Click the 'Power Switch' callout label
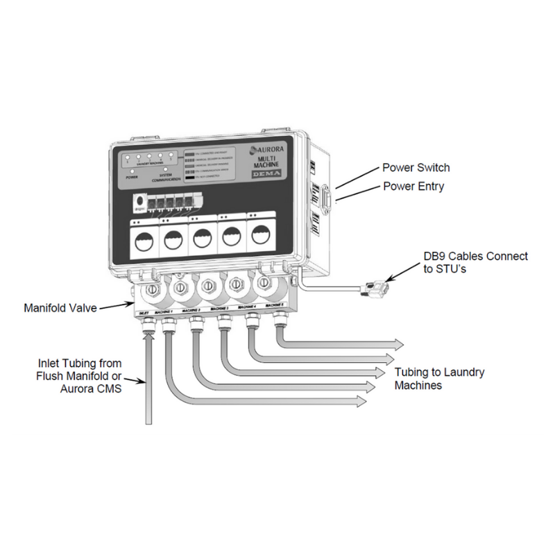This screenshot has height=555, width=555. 416,168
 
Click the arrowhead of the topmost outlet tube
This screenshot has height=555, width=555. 399,343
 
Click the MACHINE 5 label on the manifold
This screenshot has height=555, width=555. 275,304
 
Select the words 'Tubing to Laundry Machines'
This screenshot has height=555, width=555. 439,379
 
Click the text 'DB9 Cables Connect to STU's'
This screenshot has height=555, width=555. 475,263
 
